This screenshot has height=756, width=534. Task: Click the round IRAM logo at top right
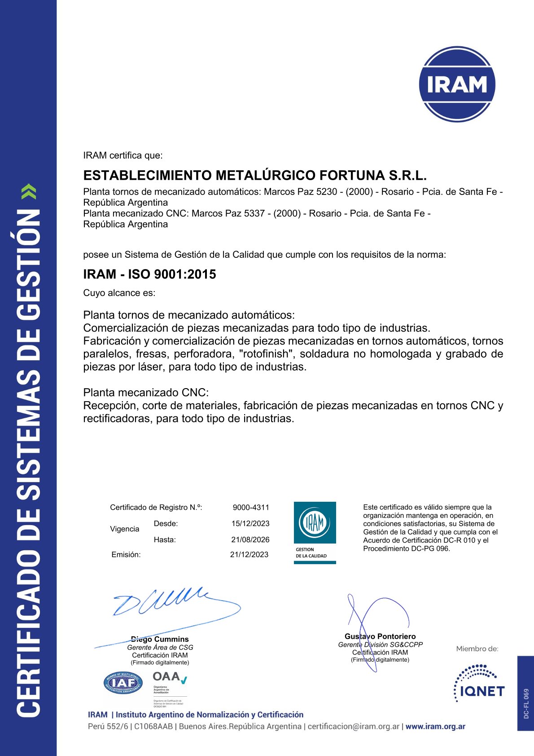pyautogui.click(x=457, y=84)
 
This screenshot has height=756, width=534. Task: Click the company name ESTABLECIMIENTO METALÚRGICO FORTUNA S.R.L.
pyautogui.click(x=255, y=175)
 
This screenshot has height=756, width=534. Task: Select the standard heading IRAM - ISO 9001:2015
pyautogui.click(x=149, y=274)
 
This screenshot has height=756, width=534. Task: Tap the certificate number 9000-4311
pyautogui.click(x=251, y=508)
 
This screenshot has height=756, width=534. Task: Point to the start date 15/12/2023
pyautogui.click(x=250, y=524)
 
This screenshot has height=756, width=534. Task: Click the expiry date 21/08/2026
pyautogui.click(x=250, y=540)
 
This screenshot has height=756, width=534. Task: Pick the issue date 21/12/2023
pyautogui.click(x=249, y=555)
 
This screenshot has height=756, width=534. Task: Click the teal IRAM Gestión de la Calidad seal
pyautogui.click(x=315, y=533)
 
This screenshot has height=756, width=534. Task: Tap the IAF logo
pyautogui.click(x=123, y=683)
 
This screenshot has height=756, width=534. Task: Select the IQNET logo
pyautogui.click(x=479, y=684)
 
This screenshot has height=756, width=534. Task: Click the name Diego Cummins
pyautogui.click(x=160, y=639)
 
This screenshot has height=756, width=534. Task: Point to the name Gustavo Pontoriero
pyautogui.click(x=380, y=637)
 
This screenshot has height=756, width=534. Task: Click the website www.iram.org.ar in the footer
pyautogui.click(x=435, y=726)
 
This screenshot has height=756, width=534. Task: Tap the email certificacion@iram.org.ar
pyautogui.click(x=353, y=726)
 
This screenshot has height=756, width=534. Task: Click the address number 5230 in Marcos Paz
pyautogui.click(x=327, y=192)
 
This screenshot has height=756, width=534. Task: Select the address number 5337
pyautogui.click(x=254, y=213)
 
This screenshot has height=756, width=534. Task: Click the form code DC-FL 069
pyautogui.click(x=526, y=703)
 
